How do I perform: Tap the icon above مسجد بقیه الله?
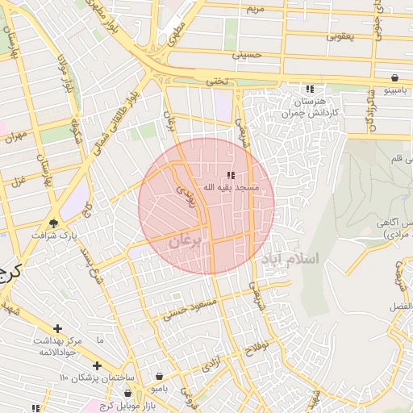pos(231,175)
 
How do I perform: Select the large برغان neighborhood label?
pos(189,239)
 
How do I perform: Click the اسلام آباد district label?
pos(290,259)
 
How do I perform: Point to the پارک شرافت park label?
pos(51,236)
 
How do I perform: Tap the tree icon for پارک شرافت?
pos(54,223)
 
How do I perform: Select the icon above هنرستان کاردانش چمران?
pos(309,90)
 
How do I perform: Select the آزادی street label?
pos(212,363)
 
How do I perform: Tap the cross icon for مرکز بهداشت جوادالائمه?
pos(57,328)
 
